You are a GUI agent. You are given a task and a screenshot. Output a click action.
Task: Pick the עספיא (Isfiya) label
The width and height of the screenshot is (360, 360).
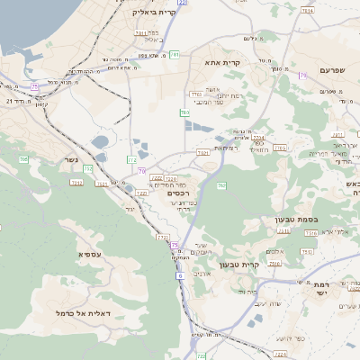click(x=89, y=255)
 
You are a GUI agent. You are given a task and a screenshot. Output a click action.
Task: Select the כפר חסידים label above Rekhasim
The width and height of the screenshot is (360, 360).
click(x=168, y=184)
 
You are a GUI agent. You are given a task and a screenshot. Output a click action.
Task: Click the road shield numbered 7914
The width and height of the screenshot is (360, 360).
click(x=308, y=11)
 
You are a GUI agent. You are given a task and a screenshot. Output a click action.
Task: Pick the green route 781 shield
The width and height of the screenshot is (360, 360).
click(x=175, y=55)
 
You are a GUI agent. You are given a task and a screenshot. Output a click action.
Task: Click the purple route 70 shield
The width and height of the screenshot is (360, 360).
click(x=142, y=170)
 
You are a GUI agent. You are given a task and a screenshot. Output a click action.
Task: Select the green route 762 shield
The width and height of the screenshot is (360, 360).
click(x=220, y=185)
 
